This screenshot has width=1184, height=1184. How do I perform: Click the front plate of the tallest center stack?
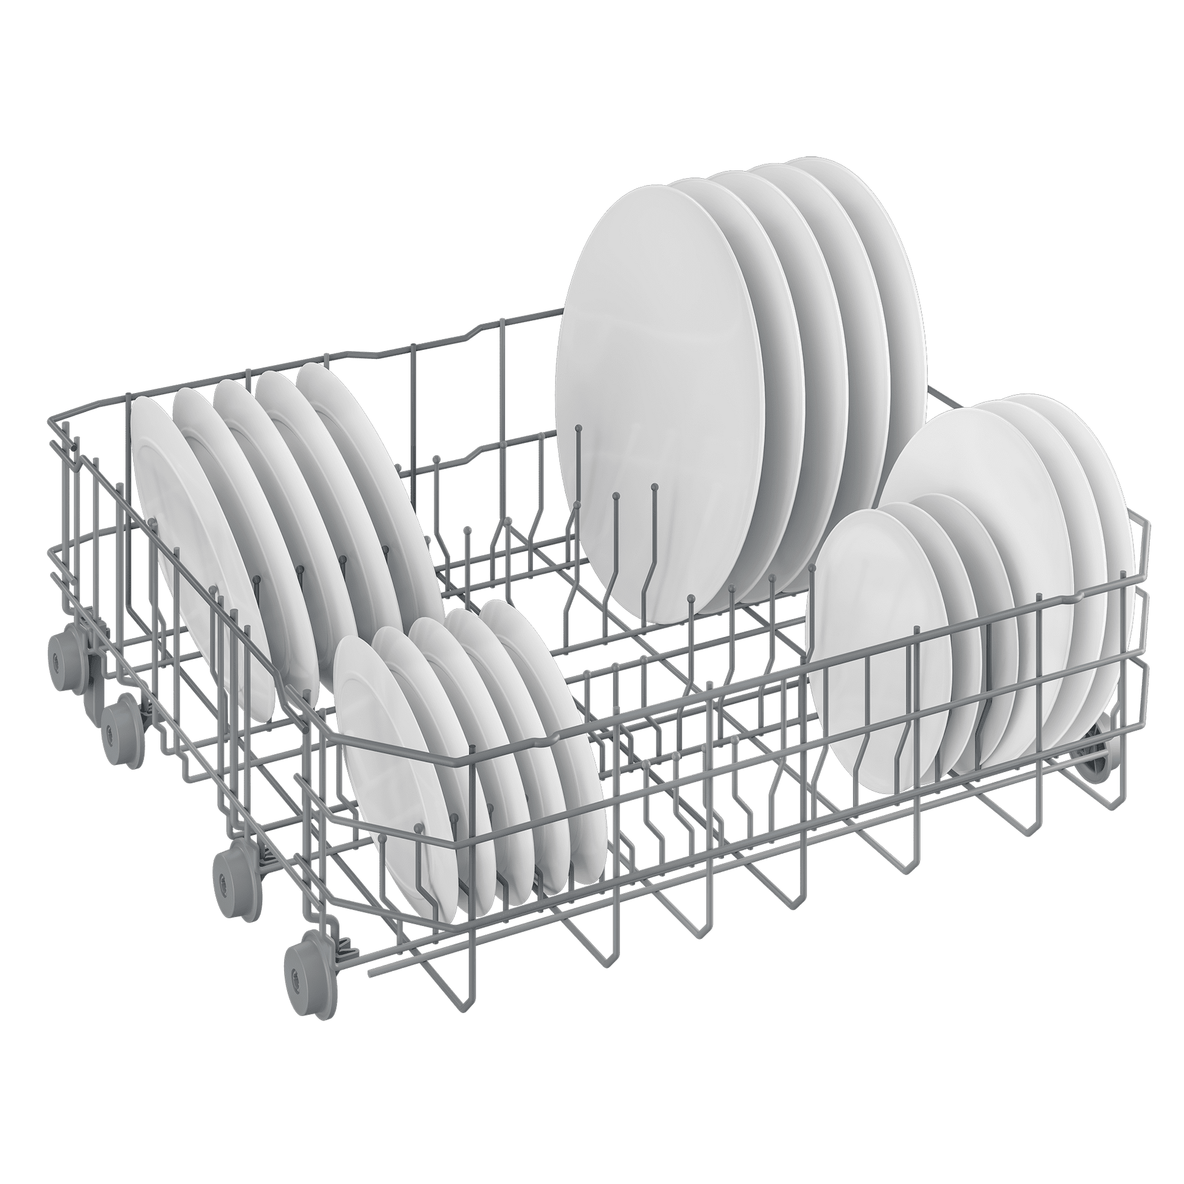pos(650,392)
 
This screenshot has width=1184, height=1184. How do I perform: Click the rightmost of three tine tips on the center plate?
pos(655,487)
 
